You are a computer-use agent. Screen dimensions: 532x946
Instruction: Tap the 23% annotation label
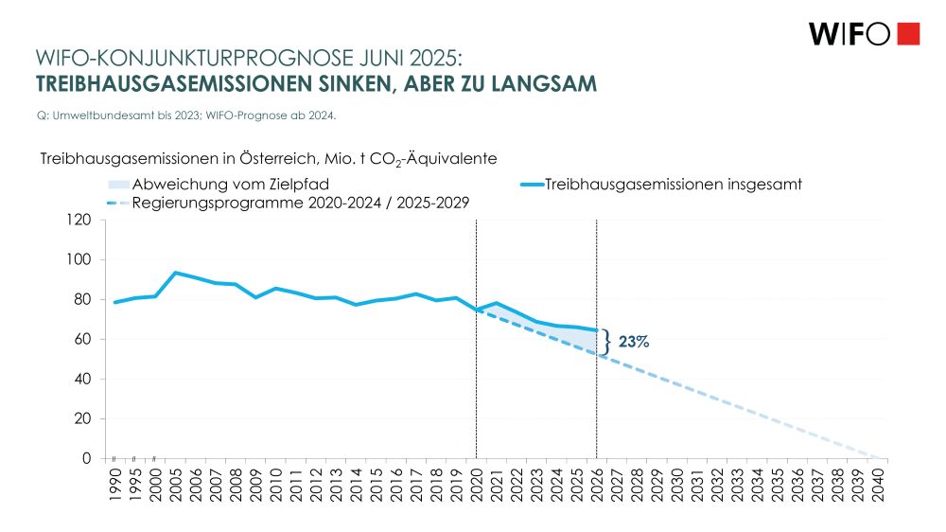click(x=633, y=342)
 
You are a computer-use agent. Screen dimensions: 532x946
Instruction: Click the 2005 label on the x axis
click(x=176, y=484)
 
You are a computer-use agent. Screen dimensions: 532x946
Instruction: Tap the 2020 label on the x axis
click(x=477, y=484)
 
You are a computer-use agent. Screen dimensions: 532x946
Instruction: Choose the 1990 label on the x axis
click(x=115, y=484)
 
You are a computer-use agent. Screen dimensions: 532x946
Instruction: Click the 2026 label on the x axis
click(x=597, y=484)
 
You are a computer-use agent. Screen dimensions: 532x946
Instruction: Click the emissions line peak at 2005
click(x=176, y=273)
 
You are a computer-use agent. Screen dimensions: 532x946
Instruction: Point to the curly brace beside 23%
click(x=606, y=342)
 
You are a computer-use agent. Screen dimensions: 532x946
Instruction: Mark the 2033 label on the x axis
click(x=738, y=484)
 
